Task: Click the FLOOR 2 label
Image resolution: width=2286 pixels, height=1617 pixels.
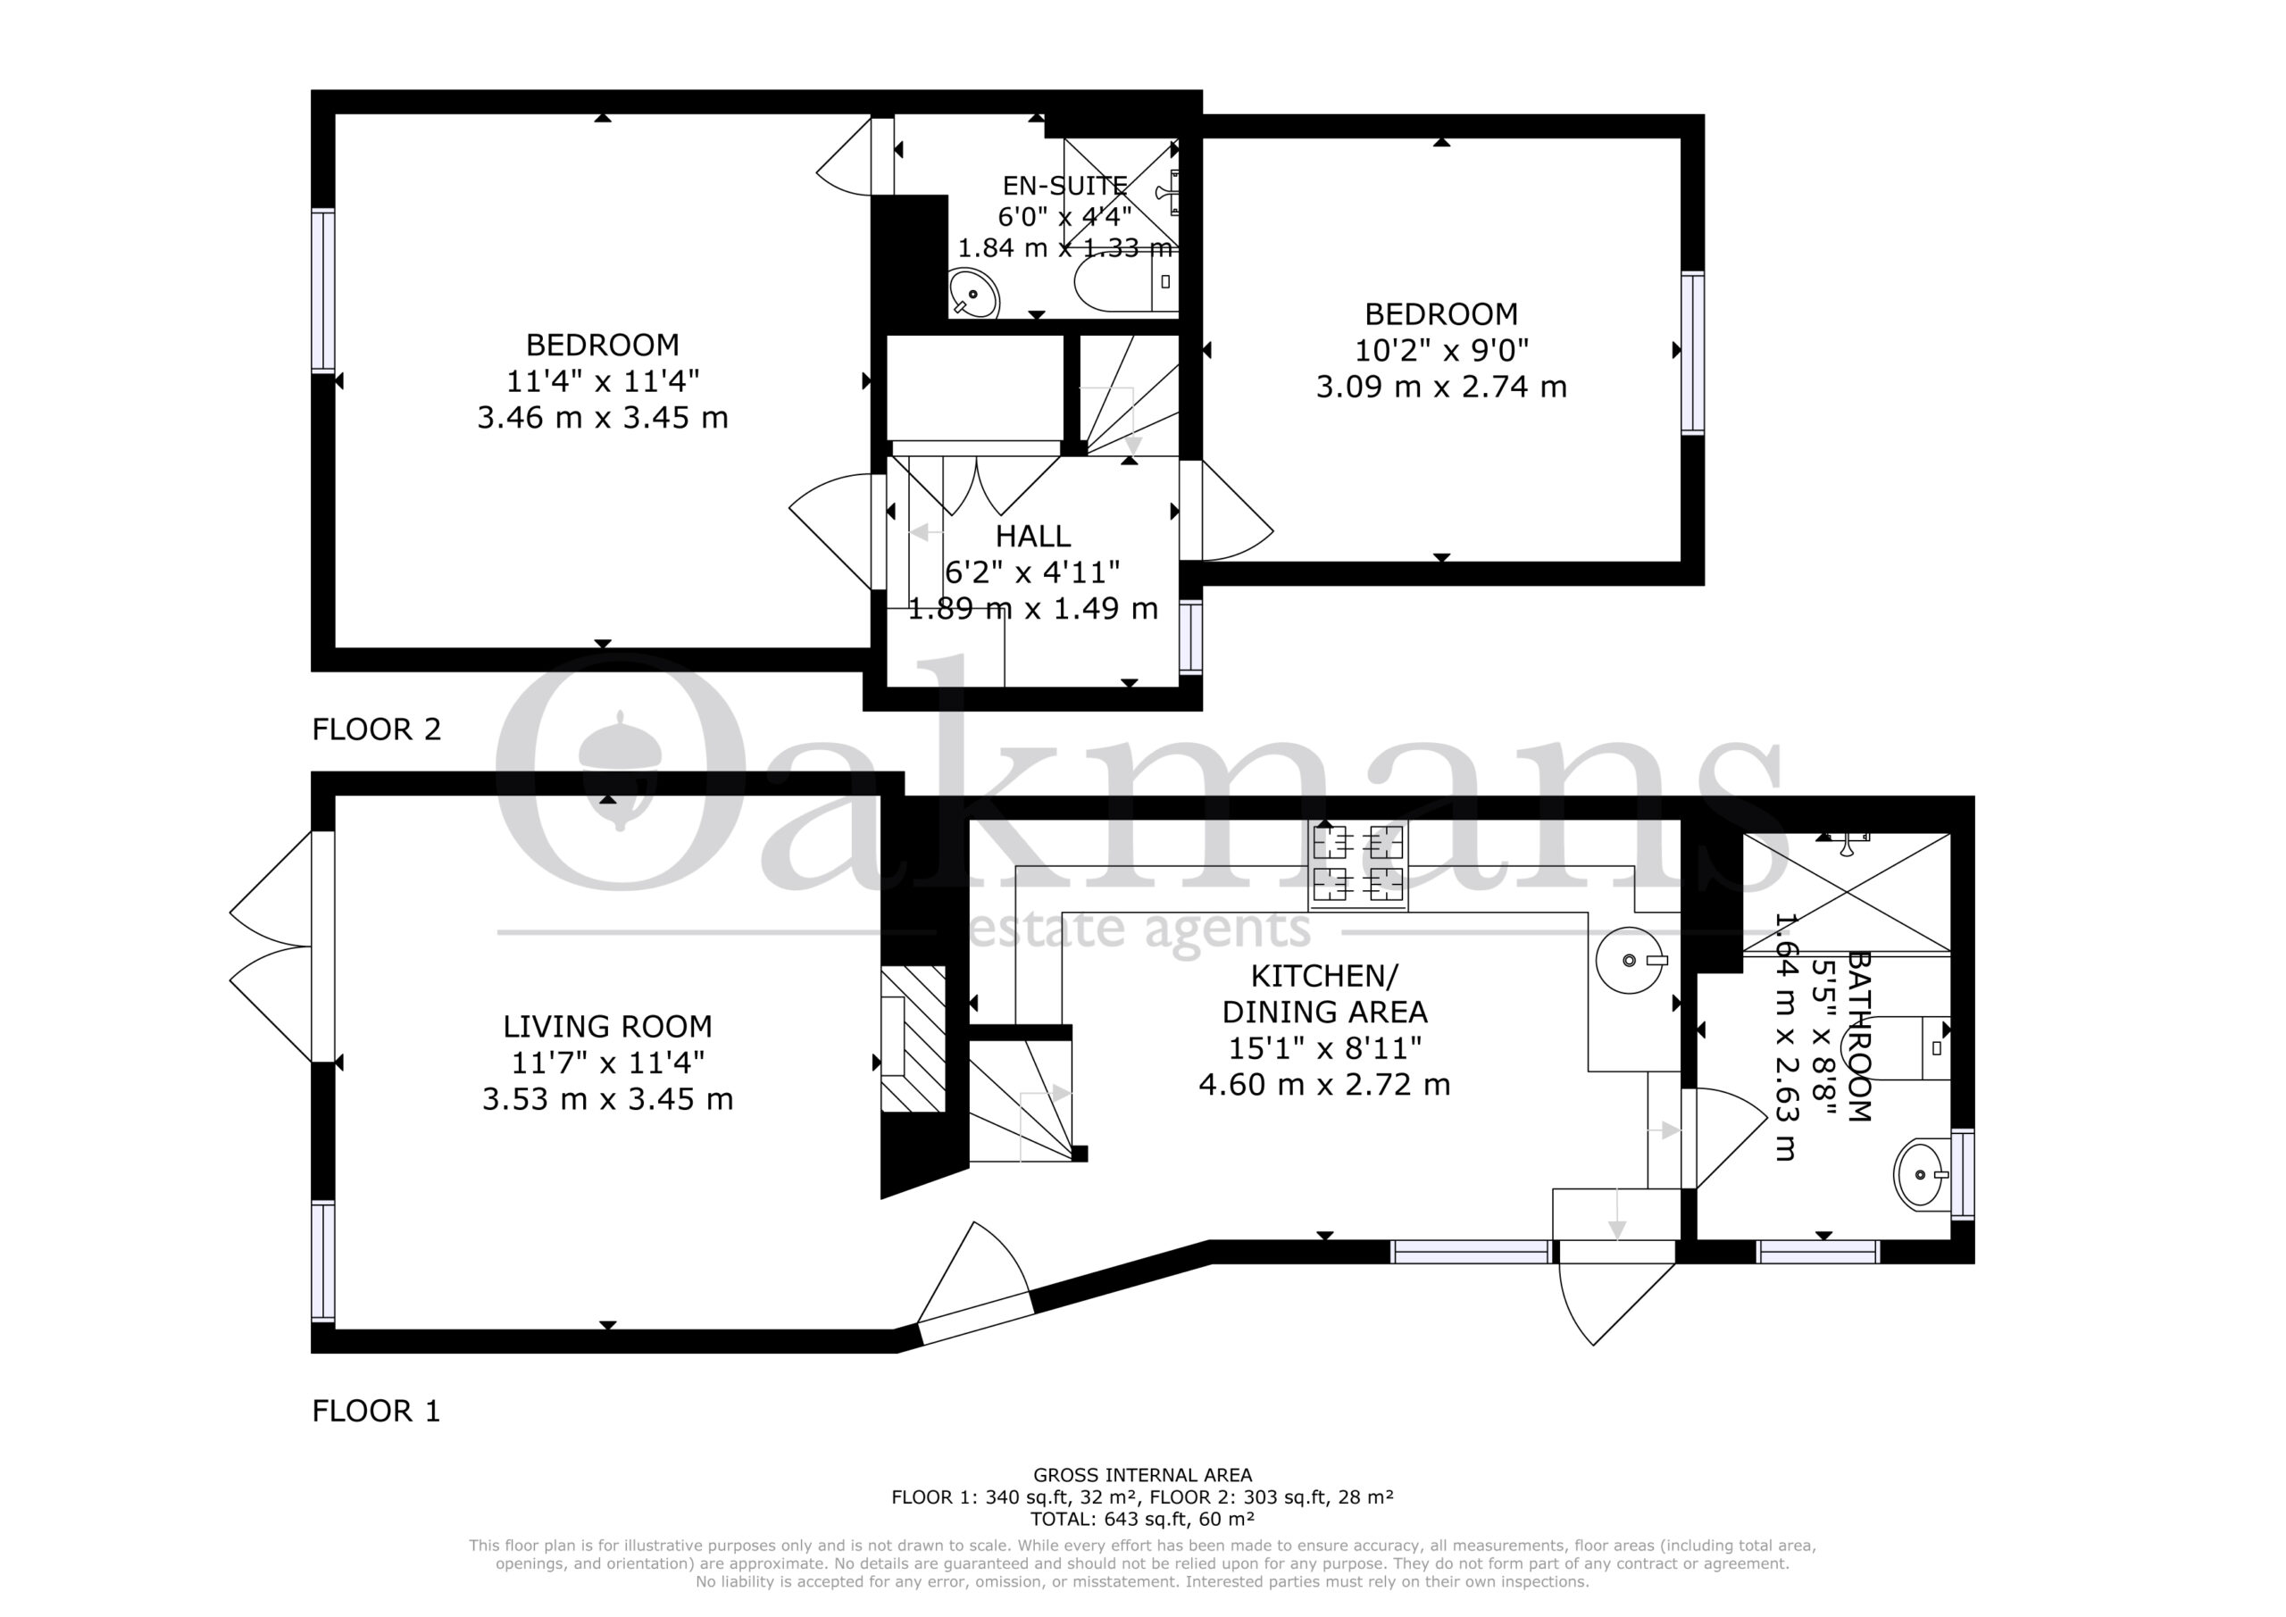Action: tap(376, 729)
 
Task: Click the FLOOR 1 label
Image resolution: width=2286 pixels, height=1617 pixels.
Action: tap(376, 1411)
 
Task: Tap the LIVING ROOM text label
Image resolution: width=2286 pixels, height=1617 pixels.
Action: tap(607, 1027)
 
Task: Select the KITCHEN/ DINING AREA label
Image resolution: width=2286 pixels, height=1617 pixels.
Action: tap(1324, 994)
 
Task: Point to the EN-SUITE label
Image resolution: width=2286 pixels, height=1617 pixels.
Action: tap(1064, 187)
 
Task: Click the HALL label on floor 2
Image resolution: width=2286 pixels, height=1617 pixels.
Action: tap(1033, 537)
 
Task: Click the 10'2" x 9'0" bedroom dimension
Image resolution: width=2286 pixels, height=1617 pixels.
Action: tap(1441, 351)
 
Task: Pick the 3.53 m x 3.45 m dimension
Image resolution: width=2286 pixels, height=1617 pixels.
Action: tap(607, 1099)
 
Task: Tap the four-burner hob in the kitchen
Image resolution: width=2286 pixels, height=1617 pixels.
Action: tap(1358, 867)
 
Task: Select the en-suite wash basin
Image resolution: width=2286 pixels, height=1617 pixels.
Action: tap(972, 294)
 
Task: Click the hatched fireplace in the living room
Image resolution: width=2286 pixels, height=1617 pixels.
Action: tap(913, 1038)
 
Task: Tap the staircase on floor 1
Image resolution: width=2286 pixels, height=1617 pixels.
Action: tap(1022, 1101)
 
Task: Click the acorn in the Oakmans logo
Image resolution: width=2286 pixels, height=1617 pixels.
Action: tap(621, 771)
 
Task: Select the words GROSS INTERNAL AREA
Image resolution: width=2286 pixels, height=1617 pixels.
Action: tap(1142, 1475)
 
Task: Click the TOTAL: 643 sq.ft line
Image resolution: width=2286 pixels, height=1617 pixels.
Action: tap(1142, 1519)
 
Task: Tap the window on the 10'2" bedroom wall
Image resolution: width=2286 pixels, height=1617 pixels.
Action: tap(1692, 353)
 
